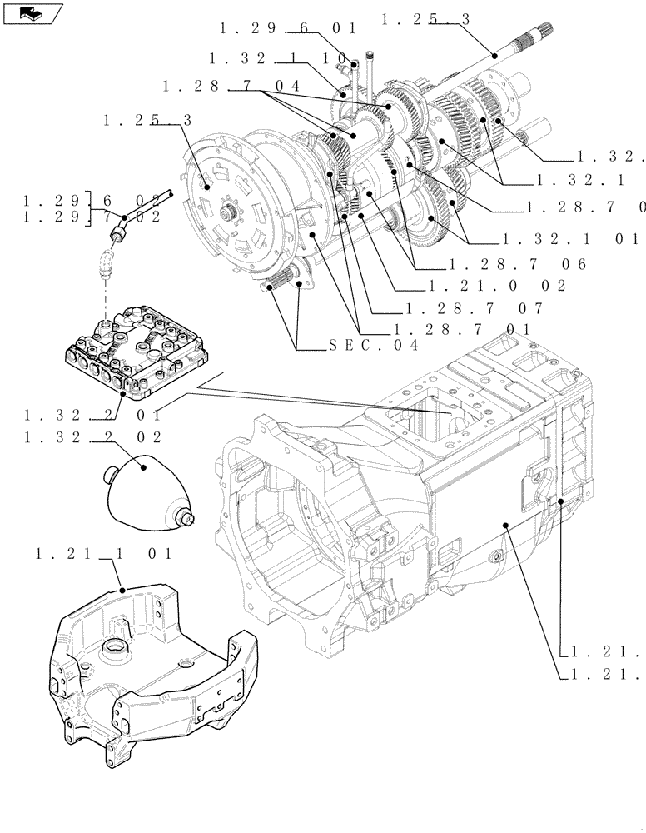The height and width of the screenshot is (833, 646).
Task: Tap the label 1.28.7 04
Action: coord(231,86)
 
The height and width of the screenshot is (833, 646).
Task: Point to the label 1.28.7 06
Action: coord(517,264)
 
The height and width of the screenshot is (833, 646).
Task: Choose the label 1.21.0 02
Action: coord(495,286)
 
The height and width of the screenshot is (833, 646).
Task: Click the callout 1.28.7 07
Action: coord(471,307)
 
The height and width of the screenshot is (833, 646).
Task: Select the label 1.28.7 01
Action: coord(463,329)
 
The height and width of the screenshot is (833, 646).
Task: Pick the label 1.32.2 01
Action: coord(93,414)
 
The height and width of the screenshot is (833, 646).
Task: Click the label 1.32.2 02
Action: coord(93,436)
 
